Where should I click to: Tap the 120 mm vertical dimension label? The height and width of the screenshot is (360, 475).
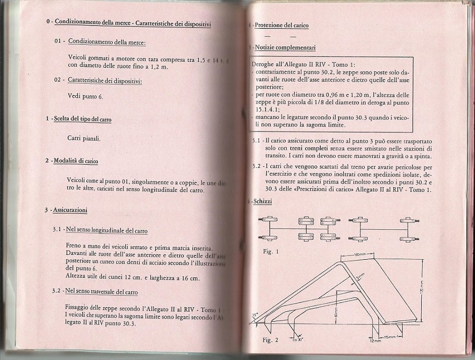click(x=421, y=290)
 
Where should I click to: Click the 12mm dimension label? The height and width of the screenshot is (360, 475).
click(x=376, y=342)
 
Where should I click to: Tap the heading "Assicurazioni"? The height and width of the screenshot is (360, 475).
click(x=70, y=210)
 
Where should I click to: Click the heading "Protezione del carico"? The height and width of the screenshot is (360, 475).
click(x=281, y=25)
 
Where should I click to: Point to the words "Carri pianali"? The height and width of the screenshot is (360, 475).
click(x=84, y=139)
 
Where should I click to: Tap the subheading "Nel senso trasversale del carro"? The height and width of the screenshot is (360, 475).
click(x=102, y=292)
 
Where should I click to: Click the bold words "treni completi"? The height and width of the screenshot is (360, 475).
click(x=301, y=148)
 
